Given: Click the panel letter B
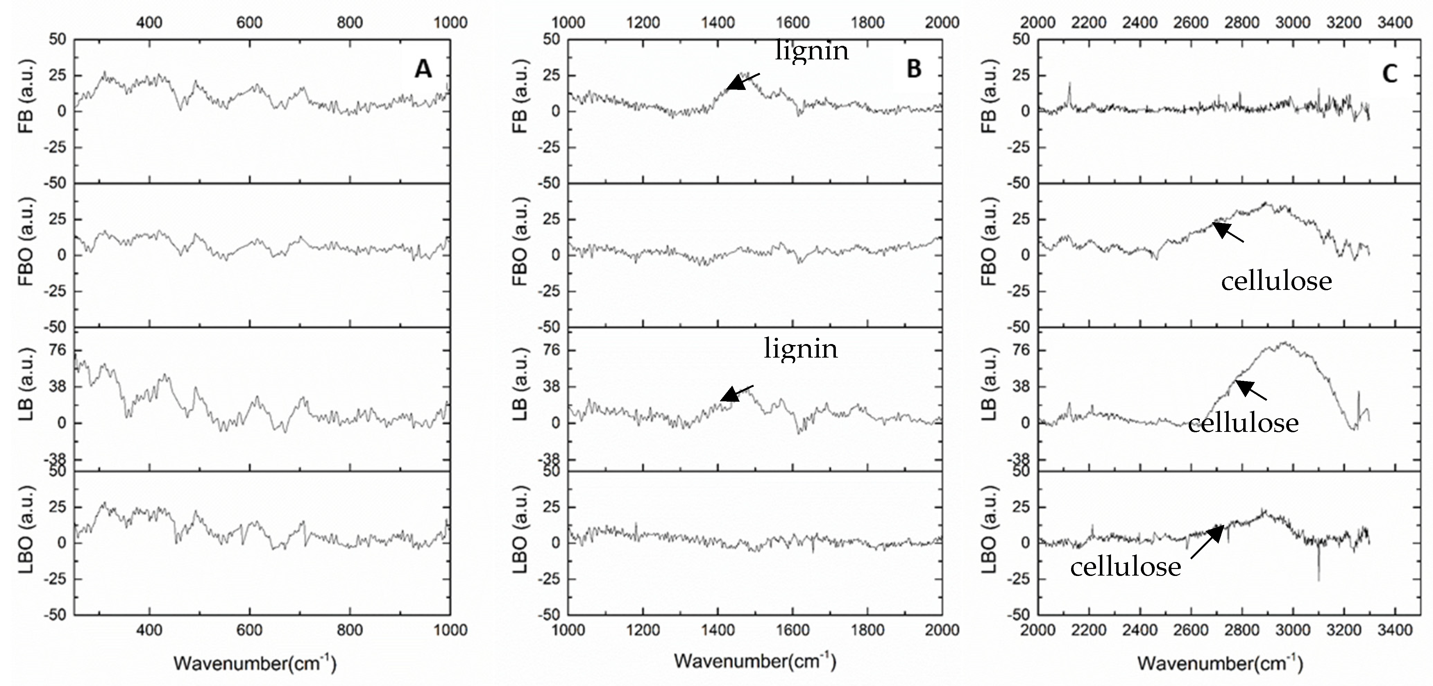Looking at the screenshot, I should (x=914, y=69).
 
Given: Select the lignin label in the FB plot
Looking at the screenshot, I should (x=812, y=51).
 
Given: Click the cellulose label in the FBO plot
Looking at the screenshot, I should (x=1276, y=281).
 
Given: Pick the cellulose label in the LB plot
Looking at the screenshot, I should (x=1243, y=423).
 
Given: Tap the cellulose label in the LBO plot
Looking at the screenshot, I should (x=1125, y=567).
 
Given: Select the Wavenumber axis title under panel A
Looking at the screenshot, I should (x=255, y=663).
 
